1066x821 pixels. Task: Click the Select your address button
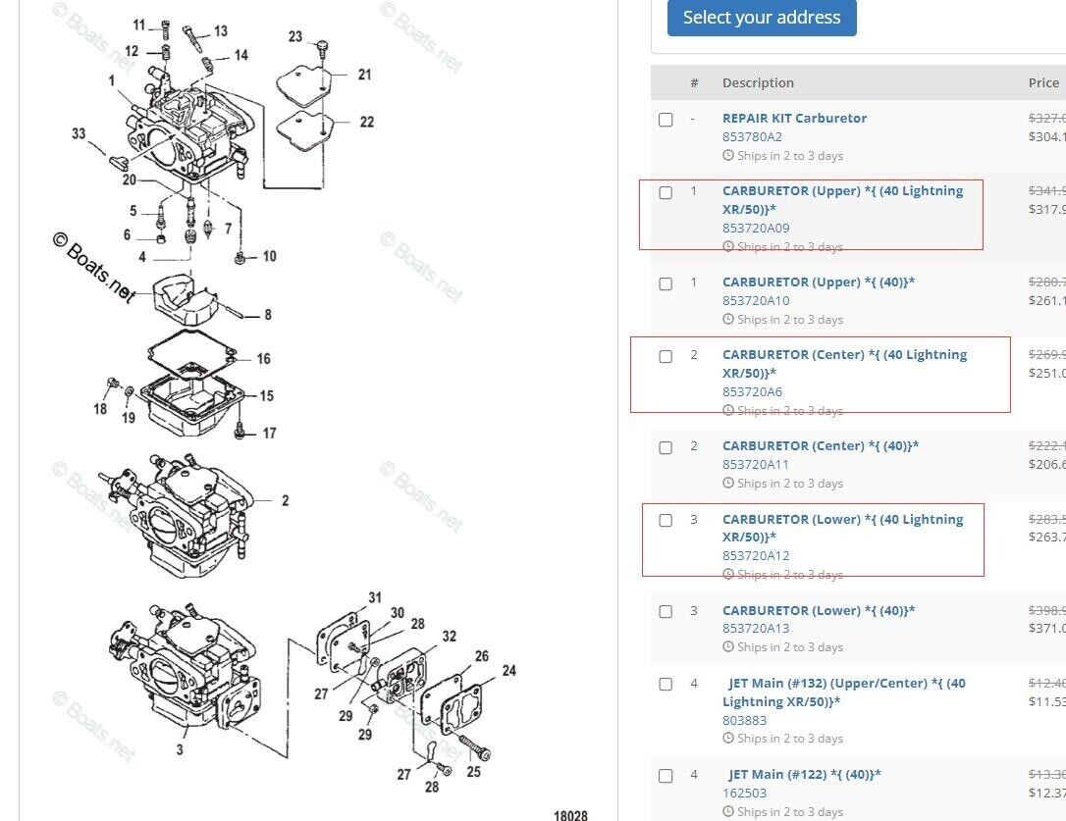tap(762, 18)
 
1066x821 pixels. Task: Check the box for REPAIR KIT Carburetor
tap(666, 120)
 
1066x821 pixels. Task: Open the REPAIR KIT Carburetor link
tap(794, 118)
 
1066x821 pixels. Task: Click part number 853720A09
tap(756, 228)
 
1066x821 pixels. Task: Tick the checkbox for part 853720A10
tap(666, 283)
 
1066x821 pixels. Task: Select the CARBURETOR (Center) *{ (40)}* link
tap(821, 445)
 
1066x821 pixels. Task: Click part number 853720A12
tap(756, 555)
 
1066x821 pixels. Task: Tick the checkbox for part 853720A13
tap(666, 611)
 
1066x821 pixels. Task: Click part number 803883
tap(744, 720)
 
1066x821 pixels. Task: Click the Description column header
tap(758, 82)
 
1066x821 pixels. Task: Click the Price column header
tap(1043, 82)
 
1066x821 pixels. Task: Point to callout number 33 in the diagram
tap(79, 133)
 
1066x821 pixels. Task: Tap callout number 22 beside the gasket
tap(366, 122)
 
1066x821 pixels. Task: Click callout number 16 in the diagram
tap(263, 359)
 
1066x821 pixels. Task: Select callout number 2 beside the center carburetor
tap(285, 500)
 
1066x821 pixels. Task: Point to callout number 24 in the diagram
tap(508, 671)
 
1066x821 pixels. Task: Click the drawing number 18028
tap(570, 814)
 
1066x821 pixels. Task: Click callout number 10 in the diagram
tap(268, 256)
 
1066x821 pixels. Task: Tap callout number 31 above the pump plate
tap(375, 597)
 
